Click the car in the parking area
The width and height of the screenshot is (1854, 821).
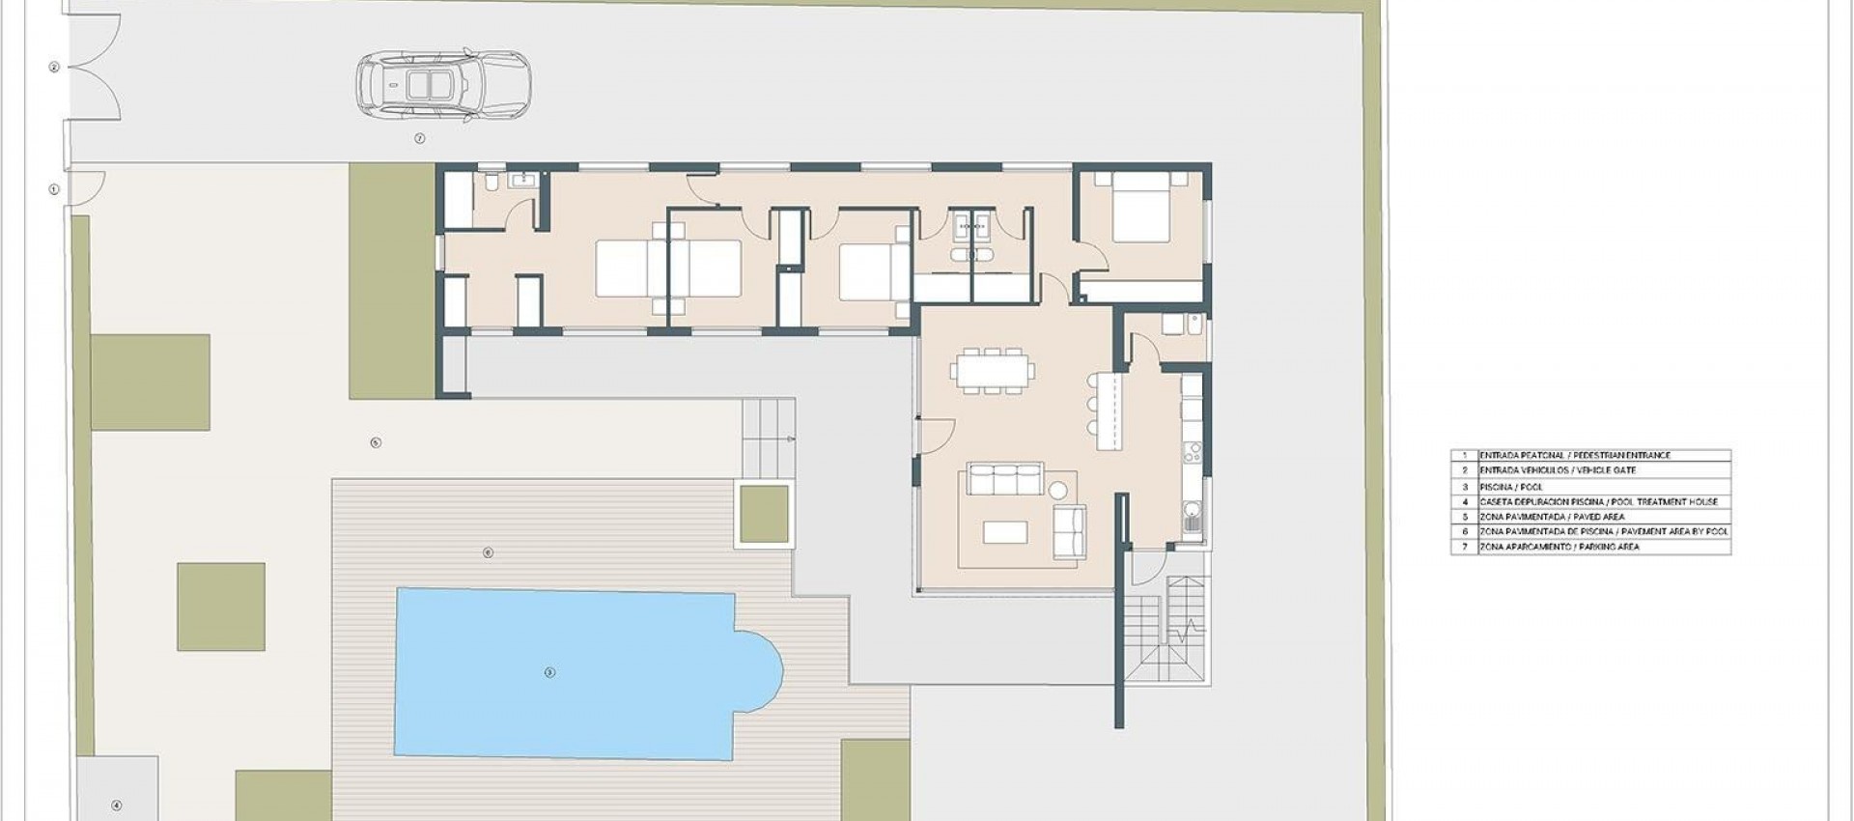tap(443, 86)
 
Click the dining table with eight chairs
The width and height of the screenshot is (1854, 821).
tap(992, 370)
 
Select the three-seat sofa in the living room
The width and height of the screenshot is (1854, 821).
tap(1005, 480)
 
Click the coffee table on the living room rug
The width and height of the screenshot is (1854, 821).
tap(1005, 532)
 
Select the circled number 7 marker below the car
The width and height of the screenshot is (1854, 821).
tap(420, 139)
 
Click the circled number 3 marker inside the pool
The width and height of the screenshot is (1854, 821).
tap(549, 672)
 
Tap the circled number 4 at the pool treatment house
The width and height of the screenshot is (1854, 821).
tap(117, 806)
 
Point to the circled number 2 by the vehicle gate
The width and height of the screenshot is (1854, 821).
tap(54, 68)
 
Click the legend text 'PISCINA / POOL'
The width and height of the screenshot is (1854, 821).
tap(1511, 487)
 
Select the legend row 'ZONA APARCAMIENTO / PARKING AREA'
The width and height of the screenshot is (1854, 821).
tap(1589, 547)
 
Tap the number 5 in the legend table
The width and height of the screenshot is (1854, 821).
tap(1464, 517)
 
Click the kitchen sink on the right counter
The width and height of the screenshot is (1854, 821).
tap(1194, 521)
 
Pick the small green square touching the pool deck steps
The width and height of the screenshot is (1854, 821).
tap(765, 514)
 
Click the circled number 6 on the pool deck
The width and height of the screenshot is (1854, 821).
tap(488, 552)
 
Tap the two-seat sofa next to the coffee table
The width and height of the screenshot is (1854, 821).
tap(1069, 532)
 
